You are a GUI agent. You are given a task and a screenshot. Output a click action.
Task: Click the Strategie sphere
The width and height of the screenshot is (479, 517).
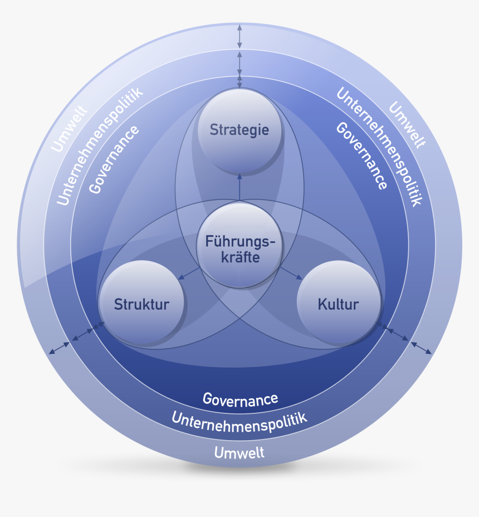pos(239,130)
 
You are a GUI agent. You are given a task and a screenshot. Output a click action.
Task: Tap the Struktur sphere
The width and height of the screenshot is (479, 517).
pos(141,304)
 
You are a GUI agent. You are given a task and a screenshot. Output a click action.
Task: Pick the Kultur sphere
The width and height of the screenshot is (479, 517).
pos(339,304)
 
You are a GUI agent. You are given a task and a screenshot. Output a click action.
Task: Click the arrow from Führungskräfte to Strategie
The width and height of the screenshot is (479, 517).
pos(239,187)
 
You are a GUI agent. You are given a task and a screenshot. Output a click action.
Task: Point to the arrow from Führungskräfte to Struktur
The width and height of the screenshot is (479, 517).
pos(189,272)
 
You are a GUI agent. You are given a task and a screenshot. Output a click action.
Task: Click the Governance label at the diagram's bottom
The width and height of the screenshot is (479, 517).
pos(240,399)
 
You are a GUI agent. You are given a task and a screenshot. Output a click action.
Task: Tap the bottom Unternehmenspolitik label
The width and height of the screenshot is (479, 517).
pos(239,419)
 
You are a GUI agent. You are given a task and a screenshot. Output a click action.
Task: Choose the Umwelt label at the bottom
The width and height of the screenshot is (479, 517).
pos(239,452)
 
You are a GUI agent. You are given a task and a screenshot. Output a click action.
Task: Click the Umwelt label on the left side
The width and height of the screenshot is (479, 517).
pos(69,129)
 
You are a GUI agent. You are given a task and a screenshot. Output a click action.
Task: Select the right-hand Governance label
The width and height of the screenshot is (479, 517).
pos(361,156)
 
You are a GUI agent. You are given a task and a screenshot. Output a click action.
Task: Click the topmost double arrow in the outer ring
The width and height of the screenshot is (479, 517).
pos(239,37)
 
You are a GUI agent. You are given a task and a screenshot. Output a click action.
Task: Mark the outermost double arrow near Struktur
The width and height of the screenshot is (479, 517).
pos(60,347)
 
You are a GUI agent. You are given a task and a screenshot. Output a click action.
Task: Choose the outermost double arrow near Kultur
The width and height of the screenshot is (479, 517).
pos(421,348)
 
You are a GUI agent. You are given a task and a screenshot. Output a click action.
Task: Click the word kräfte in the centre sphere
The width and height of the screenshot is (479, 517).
pos(239,257)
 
